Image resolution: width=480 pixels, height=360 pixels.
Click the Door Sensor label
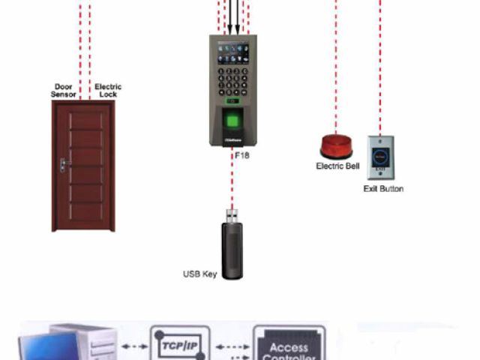[63, 91]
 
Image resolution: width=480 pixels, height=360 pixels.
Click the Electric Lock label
[108, 91]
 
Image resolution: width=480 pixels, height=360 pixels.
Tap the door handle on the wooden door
[65, 163]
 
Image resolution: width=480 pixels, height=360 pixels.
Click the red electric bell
[336, 145]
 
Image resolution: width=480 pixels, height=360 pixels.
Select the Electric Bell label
[337, 166]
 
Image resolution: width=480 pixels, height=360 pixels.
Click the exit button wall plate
[379, 157]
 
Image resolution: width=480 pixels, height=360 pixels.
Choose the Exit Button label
[383, 189]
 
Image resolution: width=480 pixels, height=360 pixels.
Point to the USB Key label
[200, 274]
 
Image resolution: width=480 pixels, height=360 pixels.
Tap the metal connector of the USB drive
[232, 215]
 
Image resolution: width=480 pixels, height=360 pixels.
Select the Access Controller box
[289, 346]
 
